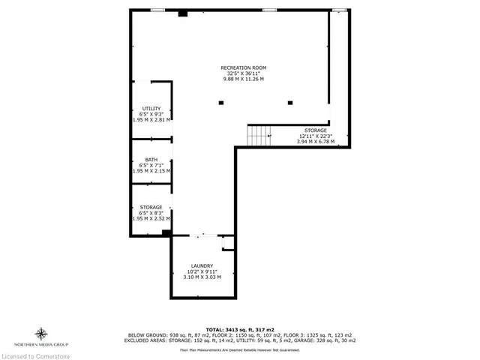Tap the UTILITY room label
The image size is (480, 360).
tap(151, 109)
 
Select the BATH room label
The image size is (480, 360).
tap(151, 160)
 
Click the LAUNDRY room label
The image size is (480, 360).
tap(202, 265)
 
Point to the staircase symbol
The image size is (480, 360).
tap(259, 136)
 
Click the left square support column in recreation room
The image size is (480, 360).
tap(220, 103)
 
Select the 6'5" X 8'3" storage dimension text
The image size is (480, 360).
tap(151, 213)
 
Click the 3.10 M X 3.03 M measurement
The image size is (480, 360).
tap(202, 277)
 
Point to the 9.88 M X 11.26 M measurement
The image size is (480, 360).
tap(243, 79)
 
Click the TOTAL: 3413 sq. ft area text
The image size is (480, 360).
tap(240, 329)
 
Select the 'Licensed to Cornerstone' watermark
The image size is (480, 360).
tap(37, 355)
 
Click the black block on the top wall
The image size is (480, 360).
tap(182, 13)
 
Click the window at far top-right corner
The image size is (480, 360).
tap(340, 10)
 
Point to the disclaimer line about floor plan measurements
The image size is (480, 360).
tap(240, 349)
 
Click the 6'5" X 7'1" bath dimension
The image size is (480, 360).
tap(151, 165)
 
